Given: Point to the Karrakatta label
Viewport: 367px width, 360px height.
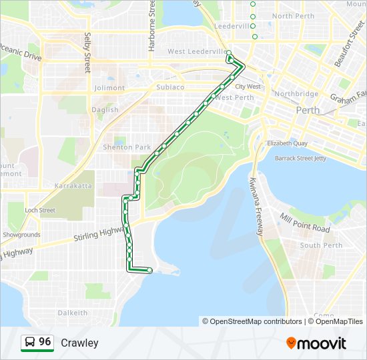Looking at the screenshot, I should coord(73,186).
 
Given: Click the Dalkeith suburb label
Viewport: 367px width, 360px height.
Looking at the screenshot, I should coord(72,313).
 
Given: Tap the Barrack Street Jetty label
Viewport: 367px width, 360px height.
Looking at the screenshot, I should coord(302,159).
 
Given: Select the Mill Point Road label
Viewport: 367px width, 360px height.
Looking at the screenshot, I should coord(306,224).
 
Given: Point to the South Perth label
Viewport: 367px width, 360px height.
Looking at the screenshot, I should coord(321,245).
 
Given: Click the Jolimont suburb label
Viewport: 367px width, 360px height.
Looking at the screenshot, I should coord(109,88).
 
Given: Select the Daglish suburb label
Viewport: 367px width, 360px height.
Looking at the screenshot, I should coord(105,110).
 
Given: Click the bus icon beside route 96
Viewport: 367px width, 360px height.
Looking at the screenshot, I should coord(29,343).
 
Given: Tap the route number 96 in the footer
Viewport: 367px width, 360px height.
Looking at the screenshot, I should coord(45,342).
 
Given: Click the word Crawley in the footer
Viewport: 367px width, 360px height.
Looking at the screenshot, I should coord(79,343).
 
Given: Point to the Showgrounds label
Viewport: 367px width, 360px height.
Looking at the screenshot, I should coord(21,235).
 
